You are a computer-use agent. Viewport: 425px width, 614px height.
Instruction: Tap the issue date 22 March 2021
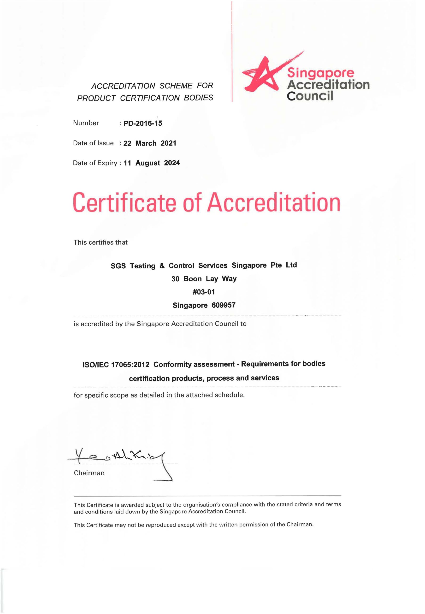[150, 143]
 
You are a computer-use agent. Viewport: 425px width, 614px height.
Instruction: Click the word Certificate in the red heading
[124, 203]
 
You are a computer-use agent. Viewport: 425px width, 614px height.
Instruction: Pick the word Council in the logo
[310, 96]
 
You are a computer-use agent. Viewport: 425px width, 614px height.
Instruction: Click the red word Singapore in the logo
[321, 73]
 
